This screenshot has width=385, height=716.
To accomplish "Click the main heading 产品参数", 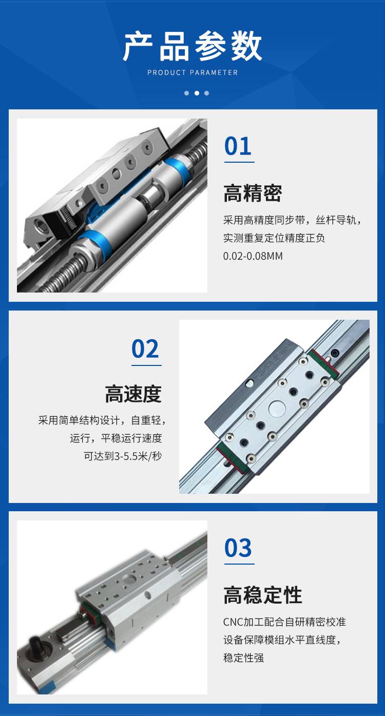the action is point(192,46).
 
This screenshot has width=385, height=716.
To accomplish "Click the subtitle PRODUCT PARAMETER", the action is point(192,72).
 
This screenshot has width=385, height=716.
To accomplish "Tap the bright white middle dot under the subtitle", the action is point(197,93).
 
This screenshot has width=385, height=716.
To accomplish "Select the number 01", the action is point(238,146).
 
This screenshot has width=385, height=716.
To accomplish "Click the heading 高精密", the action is point(253,193).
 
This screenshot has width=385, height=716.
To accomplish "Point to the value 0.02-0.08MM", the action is point(253,256).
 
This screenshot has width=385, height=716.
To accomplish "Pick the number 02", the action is point(145,349).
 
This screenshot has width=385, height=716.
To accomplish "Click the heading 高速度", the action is point(133,394).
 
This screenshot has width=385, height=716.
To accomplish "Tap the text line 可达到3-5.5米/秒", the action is point(123,456).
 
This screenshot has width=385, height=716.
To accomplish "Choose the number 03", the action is point(238,548).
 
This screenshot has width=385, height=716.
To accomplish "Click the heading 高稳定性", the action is point(262,594).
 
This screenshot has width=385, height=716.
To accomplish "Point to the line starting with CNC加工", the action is point(284,622).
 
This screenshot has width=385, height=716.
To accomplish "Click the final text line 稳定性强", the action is point(243,658).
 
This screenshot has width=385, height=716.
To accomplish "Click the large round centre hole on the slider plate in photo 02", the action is point(277,409).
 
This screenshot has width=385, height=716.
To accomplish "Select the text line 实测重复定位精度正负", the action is point(274,238).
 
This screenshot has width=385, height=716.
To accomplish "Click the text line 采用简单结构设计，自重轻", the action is point(102,420).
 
